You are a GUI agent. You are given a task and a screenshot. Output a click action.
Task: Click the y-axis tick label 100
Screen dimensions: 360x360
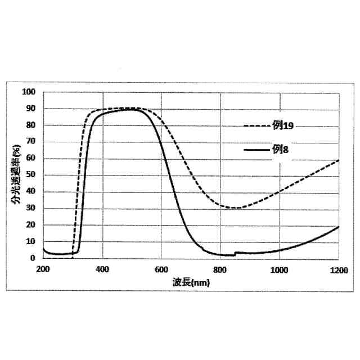pos(28,92)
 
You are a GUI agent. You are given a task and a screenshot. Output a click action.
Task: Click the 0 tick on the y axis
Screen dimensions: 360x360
pos(32,258)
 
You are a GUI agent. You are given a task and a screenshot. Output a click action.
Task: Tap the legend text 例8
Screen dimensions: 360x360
pos(281,150)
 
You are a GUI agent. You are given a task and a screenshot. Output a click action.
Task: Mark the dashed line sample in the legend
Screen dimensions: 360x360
pos(256,126)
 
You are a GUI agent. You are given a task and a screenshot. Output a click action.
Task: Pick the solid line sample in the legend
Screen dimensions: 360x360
pos(256,150)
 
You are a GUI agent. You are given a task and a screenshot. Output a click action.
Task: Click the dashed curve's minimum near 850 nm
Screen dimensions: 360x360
pos(236,208)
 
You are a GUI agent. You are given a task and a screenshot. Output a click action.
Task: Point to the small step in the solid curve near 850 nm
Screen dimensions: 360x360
pos(235,254)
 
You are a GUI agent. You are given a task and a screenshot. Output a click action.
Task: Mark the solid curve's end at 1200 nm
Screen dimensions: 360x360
pos(339,226)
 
